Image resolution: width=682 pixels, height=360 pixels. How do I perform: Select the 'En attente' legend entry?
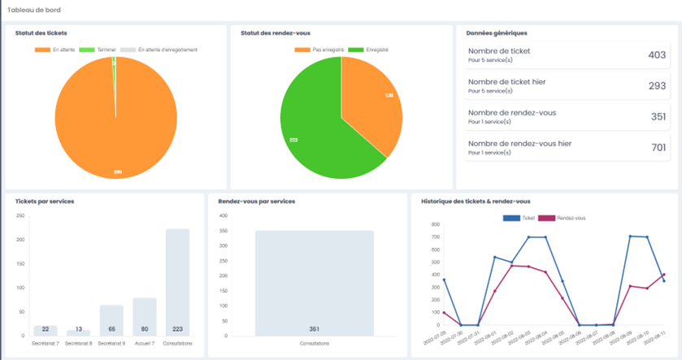(56, 50)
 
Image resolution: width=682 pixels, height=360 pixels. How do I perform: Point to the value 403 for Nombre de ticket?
(657, 55)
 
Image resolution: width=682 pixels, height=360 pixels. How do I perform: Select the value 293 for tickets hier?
(657, 85)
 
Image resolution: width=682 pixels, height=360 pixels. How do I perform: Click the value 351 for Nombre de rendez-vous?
(657, 116)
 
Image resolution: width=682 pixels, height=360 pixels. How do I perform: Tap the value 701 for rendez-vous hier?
(657, 147)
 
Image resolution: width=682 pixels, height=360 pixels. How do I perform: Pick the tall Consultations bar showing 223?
(177, 281)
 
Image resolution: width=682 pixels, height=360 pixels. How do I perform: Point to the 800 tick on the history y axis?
(436, 224)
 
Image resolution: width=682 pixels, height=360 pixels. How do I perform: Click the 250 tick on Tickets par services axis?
(20, 215)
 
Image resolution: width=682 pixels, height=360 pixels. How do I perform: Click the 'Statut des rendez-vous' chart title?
(271, 33)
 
